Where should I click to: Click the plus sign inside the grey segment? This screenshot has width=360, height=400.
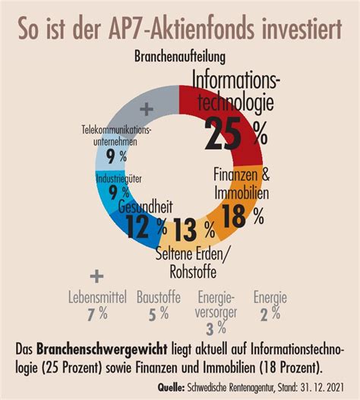tap(147, 109)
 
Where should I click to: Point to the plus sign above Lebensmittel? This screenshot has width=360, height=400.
tap(96, 276)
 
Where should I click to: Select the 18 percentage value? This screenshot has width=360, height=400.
tap(242, 216)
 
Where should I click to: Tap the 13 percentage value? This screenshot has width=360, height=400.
tap(194, 230)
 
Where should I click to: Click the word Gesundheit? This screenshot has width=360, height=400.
tap(146, 206)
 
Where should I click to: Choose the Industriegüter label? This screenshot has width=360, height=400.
tap(118, 179)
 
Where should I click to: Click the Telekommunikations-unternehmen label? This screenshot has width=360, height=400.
tap(116, 135)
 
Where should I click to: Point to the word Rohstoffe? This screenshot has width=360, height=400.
tap(193, 272)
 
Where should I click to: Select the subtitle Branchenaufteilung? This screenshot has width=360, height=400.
tap(180, 57)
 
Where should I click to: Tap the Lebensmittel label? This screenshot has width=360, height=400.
tap(97, 298)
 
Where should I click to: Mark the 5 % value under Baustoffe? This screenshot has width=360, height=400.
tap(159, 313)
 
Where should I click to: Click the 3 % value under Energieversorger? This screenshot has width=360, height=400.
tap(216, 329)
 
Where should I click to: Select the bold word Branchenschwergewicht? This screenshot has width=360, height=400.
tap(102, 350)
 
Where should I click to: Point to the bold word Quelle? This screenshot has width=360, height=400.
tap(171, 388)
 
